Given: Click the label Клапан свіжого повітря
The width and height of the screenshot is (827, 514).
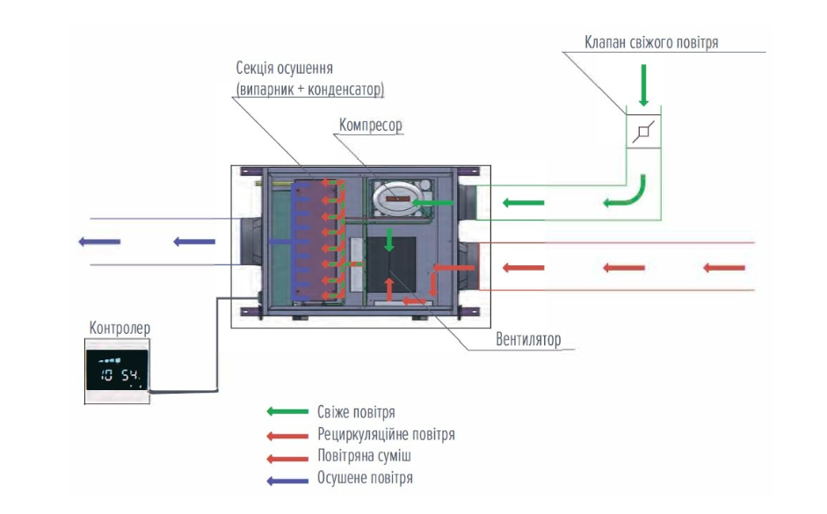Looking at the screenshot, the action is (x=651, y=43).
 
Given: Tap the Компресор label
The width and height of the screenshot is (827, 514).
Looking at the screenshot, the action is (x=370, y=125).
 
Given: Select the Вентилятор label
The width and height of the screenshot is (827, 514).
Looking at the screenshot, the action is (x=528, y=339).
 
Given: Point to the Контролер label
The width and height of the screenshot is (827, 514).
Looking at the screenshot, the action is (x=120, y=328).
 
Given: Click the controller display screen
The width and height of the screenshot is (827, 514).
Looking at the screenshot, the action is (x=117, y=370).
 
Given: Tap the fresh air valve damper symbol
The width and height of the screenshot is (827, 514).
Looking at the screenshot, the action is (x=643, y=131).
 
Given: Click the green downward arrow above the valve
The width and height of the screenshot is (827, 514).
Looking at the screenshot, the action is (x=643, y=85).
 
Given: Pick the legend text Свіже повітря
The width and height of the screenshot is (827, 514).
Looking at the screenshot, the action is (x=356, y=412).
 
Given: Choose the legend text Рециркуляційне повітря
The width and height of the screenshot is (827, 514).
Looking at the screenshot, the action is (x=386, y=434).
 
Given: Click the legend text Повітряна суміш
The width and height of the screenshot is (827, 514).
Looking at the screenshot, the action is (x=364, y=456).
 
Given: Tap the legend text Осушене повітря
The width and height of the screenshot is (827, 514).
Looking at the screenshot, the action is (x=365, y=478).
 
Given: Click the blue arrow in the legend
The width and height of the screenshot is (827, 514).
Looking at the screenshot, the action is (x=287, y=481).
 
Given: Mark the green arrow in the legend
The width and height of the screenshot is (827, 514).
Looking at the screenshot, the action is (x=287, y=411).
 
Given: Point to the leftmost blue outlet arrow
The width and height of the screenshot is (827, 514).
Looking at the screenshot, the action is (x=99, y=242).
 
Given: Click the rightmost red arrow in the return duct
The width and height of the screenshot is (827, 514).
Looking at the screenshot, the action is (x=724, y=268).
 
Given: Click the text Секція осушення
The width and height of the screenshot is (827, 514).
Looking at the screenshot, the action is (x=284, y=69).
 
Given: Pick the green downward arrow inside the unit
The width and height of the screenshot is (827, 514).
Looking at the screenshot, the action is (x=389, y=240).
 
